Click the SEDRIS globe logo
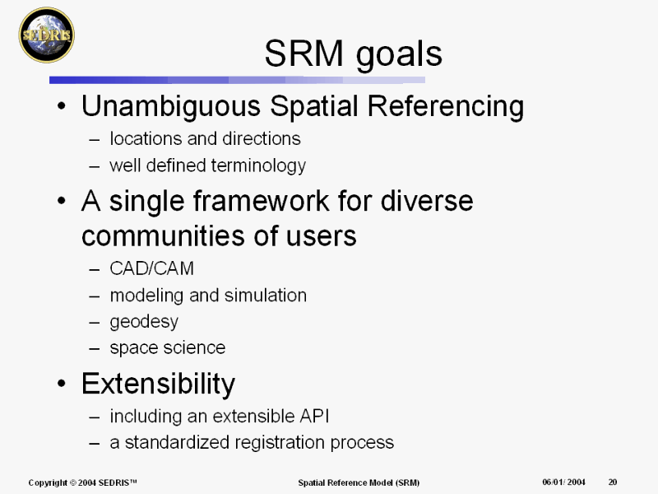click(47, 35)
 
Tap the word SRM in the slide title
click(304, 54)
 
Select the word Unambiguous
click(171, 107)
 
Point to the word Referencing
click(446, 107)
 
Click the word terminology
click(258, 166)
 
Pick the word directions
click(262, 138)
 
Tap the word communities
click(162, 235)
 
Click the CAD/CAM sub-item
click(152, 268)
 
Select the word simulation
click(266, 296)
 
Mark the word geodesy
click(144, 322)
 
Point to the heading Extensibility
click(158, 384)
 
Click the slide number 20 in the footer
click(613, 482)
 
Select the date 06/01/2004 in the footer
click(563, 482)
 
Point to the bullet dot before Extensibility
click(62, 384)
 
